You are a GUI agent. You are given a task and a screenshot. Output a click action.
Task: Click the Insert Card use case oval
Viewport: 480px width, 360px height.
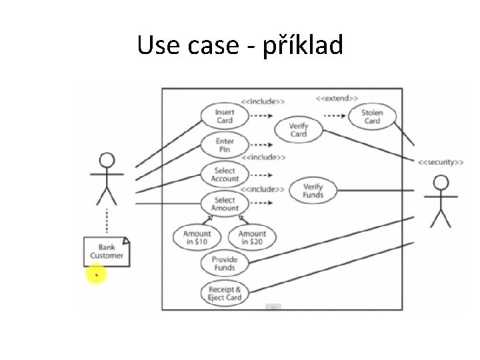pyautogui.click(x=225, y=117)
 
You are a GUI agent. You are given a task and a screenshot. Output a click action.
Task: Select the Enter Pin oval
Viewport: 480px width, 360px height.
pyautogui.click(x=225, y=145)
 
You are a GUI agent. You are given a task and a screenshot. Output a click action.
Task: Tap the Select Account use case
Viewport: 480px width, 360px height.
pyautogui.click(x=225, y=175)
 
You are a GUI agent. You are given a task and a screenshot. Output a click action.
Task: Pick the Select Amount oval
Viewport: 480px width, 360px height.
pyautogui.click(x=225, y=203)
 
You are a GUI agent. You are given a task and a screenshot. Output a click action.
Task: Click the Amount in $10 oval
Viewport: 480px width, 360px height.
pyautogui.click(x=197, y=237)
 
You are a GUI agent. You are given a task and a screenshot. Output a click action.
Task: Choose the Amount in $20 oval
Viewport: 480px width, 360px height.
pyautogui.click(x=251, y=237)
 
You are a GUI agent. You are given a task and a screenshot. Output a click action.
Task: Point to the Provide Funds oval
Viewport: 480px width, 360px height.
pyautogui.click(x=225, y=263)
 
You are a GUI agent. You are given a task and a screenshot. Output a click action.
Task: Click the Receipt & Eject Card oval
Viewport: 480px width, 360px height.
pyautogui.click(x=225, y=293)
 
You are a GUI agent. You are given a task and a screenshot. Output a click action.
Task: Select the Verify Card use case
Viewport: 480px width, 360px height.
pyautogui.click(x=299, y=129)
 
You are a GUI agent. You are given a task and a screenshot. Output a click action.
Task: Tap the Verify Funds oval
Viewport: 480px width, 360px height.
pyautogui.click(x=312, y=191)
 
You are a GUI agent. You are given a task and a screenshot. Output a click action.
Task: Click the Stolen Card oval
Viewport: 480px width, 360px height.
pyautogui.click(x=372, y=117)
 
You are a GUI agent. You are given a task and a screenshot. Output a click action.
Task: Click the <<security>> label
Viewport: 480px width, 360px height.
pyautogui.click(x=441, y=161)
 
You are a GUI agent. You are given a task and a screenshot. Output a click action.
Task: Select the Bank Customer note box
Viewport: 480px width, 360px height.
pyautogui.click(x=107, y=251)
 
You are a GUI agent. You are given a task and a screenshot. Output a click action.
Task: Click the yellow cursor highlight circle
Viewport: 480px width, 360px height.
pyautogui.click(x=96, y=273)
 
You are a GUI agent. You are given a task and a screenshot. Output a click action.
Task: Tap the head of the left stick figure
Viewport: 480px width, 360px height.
pyautogui.click(x=107, y=161)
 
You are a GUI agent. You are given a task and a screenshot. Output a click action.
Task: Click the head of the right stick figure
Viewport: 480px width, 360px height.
pyautogui.click(x=440, y=182)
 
